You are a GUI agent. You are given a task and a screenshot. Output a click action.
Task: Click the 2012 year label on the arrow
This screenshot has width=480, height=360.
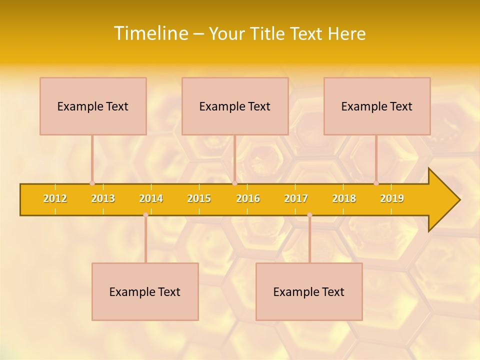(x=55, y=198)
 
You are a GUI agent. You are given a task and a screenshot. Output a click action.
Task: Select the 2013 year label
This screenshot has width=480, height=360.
(x=103, y=198)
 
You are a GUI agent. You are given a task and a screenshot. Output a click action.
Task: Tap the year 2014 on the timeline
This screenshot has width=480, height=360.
(x=151, y=198)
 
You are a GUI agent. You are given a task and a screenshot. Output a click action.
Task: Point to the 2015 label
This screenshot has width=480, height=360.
(x=199, y=198)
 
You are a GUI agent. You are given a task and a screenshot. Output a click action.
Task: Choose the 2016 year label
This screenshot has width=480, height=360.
(x=248, y=198)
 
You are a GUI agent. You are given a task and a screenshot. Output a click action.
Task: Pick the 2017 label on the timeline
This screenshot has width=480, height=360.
(x=296, y=198)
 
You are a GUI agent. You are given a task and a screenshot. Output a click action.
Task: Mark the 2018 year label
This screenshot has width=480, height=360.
(x=344, y=198)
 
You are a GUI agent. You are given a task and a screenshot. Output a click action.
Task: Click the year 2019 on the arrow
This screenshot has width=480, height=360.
(x=392, y=198)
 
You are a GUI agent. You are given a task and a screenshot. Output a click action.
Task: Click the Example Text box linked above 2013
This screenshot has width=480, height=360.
(x=93, y=106)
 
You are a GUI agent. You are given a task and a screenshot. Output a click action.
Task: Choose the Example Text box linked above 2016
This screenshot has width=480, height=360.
(x=235, y=106)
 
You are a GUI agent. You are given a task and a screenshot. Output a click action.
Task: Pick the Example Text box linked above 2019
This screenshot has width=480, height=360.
(x=377, y=106)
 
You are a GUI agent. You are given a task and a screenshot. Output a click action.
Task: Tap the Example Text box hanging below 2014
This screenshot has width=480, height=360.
(x=145, y=291)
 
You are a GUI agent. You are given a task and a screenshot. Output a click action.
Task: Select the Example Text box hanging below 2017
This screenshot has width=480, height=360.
(x=309, y=291)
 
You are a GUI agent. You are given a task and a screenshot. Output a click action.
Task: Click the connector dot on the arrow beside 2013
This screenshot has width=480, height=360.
(x=92, y=183)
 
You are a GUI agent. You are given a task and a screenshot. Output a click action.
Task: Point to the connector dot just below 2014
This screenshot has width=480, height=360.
(x=145, y=215)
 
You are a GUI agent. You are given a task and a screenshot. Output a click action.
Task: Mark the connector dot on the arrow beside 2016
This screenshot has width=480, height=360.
(x=234, y=183)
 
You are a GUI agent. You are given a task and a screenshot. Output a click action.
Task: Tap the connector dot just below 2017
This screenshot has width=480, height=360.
(x=309, y=215)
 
